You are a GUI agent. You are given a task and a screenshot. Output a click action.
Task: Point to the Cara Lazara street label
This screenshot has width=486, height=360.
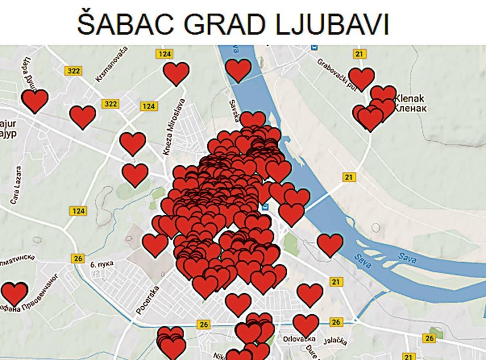16,186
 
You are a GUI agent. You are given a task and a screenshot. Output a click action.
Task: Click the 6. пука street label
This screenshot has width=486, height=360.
102,265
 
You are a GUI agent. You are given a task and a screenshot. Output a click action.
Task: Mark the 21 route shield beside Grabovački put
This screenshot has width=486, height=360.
359,54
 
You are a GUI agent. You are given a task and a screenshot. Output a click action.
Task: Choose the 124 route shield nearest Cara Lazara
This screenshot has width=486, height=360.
78,211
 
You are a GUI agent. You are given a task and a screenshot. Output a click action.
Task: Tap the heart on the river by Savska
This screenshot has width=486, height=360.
238,70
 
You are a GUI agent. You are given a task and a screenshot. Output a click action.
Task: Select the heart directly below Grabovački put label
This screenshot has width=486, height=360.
361,79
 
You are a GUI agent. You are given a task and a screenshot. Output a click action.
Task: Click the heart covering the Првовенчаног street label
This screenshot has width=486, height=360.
14,293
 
